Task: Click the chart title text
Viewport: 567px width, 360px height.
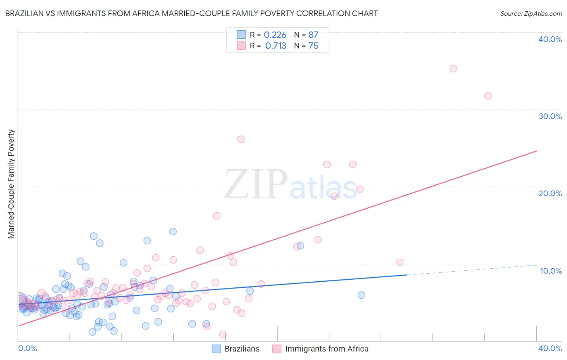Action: point(191,13)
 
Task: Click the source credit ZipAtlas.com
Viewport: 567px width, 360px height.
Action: point(531,13)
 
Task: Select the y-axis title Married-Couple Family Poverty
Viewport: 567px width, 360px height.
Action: point(11,184)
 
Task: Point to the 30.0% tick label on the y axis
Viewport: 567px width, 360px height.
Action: point(550,116)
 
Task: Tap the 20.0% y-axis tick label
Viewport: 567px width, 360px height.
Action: point(550,193)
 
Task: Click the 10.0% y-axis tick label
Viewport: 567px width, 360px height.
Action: point(551,271)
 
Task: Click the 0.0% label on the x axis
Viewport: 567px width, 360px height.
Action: point(28,348)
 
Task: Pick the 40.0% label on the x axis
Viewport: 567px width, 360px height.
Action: point(550,348)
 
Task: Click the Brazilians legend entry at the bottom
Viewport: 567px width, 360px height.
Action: point(242,349)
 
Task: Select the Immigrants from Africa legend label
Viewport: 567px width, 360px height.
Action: point(326,349)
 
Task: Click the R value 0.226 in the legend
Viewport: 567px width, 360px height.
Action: point(275,35)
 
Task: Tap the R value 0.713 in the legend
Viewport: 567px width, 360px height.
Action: point(276,46)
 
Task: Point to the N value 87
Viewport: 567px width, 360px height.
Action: point(313,35)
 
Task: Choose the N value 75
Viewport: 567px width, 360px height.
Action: point(313,46)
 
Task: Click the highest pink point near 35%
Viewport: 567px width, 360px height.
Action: point(453,69)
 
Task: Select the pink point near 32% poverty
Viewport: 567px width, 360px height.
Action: point(488,96)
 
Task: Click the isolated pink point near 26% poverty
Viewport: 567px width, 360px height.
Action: point(241,139)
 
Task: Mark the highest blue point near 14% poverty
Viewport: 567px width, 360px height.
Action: point(173,232)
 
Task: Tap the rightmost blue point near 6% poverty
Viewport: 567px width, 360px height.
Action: point(361,295)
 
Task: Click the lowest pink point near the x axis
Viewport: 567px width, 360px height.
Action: point(223,335)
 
